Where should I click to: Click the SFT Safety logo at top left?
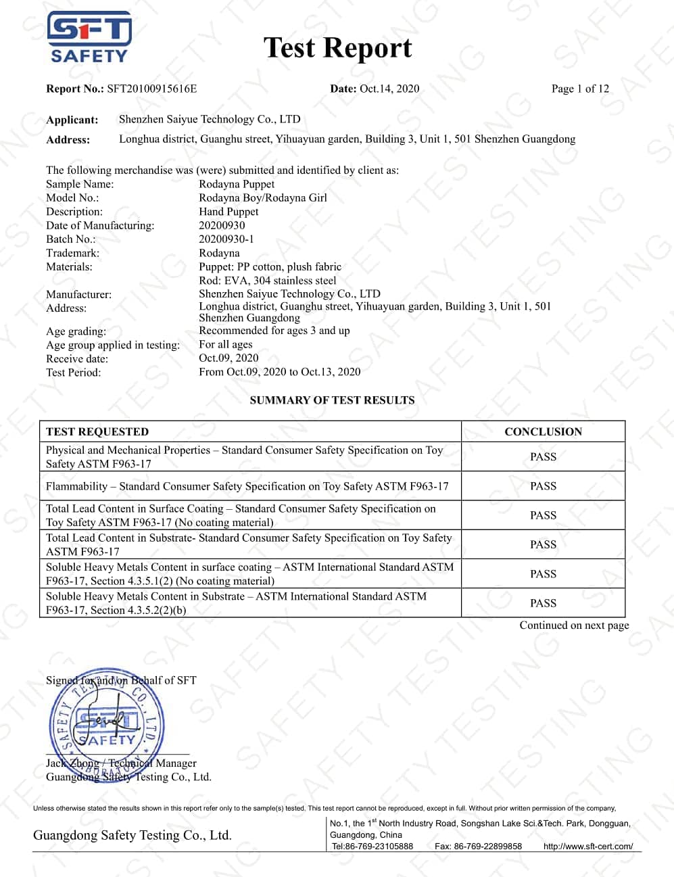(x=89, y=37)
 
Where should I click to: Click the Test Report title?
(x=337, y=48)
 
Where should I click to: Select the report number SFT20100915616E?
(x=152, y=89)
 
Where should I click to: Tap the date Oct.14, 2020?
(x=389, y=89)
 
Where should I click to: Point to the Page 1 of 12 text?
(x=580, y=89)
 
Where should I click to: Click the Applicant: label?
(x=72, y=120)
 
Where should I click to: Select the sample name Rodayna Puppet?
(x=237, y=184)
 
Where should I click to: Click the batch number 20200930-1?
(x=226, y=239)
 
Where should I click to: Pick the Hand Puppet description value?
(x=228, y=212)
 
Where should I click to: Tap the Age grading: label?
(x=76, y=331)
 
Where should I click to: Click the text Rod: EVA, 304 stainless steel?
(x=267, y=280)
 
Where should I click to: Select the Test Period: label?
(x=73, y=373)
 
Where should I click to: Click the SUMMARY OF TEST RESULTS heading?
(x=332, y=400)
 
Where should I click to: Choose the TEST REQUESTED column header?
(x=97, y=431)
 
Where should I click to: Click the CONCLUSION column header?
(x=543, y=431)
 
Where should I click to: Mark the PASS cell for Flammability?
(x=543, y=486)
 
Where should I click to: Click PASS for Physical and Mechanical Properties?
(x=543, y=457)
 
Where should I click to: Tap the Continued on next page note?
(x=574, y=625)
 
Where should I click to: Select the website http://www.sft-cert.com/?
(x=588, y=847)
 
